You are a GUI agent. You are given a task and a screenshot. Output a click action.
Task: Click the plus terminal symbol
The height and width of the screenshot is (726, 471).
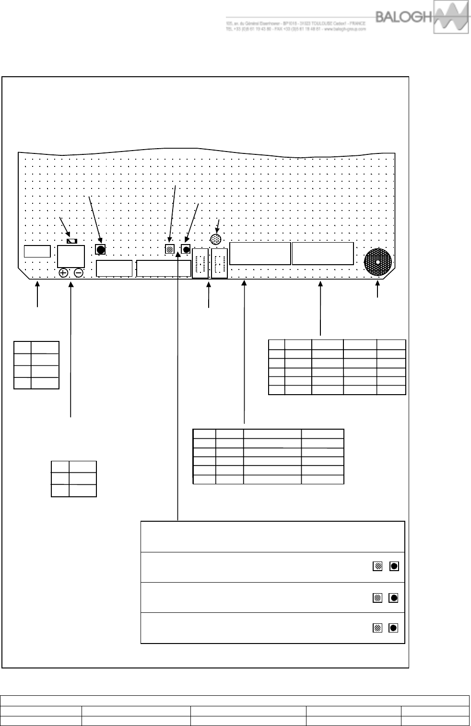pos(63,273)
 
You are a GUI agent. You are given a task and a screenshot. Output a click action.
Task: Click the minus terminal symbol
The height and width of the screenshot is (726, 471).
pos(79,273)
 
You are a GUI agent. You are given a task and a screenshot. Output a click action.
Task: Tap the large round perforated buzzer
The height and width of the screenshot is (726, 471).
pos(378,262)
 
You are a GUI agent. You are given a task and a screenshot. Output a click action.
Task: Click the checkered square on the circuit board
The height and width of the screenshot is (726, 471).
pos(169,249)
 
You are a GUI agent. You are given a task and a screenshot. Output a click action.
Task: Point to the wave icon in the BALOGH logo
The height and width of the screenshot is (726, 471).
pos(450,18)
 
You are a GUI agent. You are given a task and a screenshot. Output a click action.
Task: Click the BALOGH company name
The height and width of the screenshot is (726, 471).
pos(404,17)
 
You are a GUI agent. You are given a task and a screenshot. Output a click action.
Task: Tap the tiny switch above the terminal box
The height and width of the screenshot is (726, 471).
pos(72,241)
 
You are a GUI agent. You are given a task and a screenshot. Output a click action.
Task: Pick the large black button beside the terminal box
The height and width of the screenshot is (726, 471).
pos(100,249)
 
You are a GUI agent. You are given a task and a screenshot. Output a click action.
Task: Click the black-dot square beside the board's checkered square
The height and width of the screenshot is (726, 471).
pos(186,249)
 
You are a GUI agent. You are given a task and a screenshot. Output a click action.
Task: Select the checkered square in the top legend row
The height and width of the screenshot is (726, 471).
pos(377,566)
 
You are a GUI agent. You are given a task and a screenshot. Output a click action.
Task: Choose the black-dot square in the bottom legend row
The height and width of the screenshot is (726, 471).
pos(393,628)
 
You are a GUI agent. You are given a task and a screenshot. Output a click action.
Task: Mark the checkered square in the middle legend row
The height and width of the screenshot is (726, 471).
pos(377,597)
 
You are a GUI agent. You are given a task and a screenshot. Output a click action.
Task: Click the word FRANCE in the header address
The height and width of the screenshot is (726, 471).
pos(357,23)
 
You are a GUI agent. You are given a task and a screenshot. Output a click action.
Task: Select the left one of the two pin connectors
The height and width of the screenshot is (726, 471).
pos(200,263)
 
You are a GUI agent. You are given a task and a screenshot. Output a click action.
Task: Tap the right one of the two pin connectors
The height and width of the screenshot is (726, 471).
pos(220,263)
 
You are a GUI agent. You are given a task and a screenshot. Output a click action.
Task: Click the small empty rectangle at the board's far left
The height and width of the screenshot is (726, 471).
pos(37,251)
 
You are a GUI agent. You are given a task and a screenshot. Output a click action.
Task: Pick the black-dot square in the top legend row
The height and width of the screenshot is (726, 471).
pos(393,566)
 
